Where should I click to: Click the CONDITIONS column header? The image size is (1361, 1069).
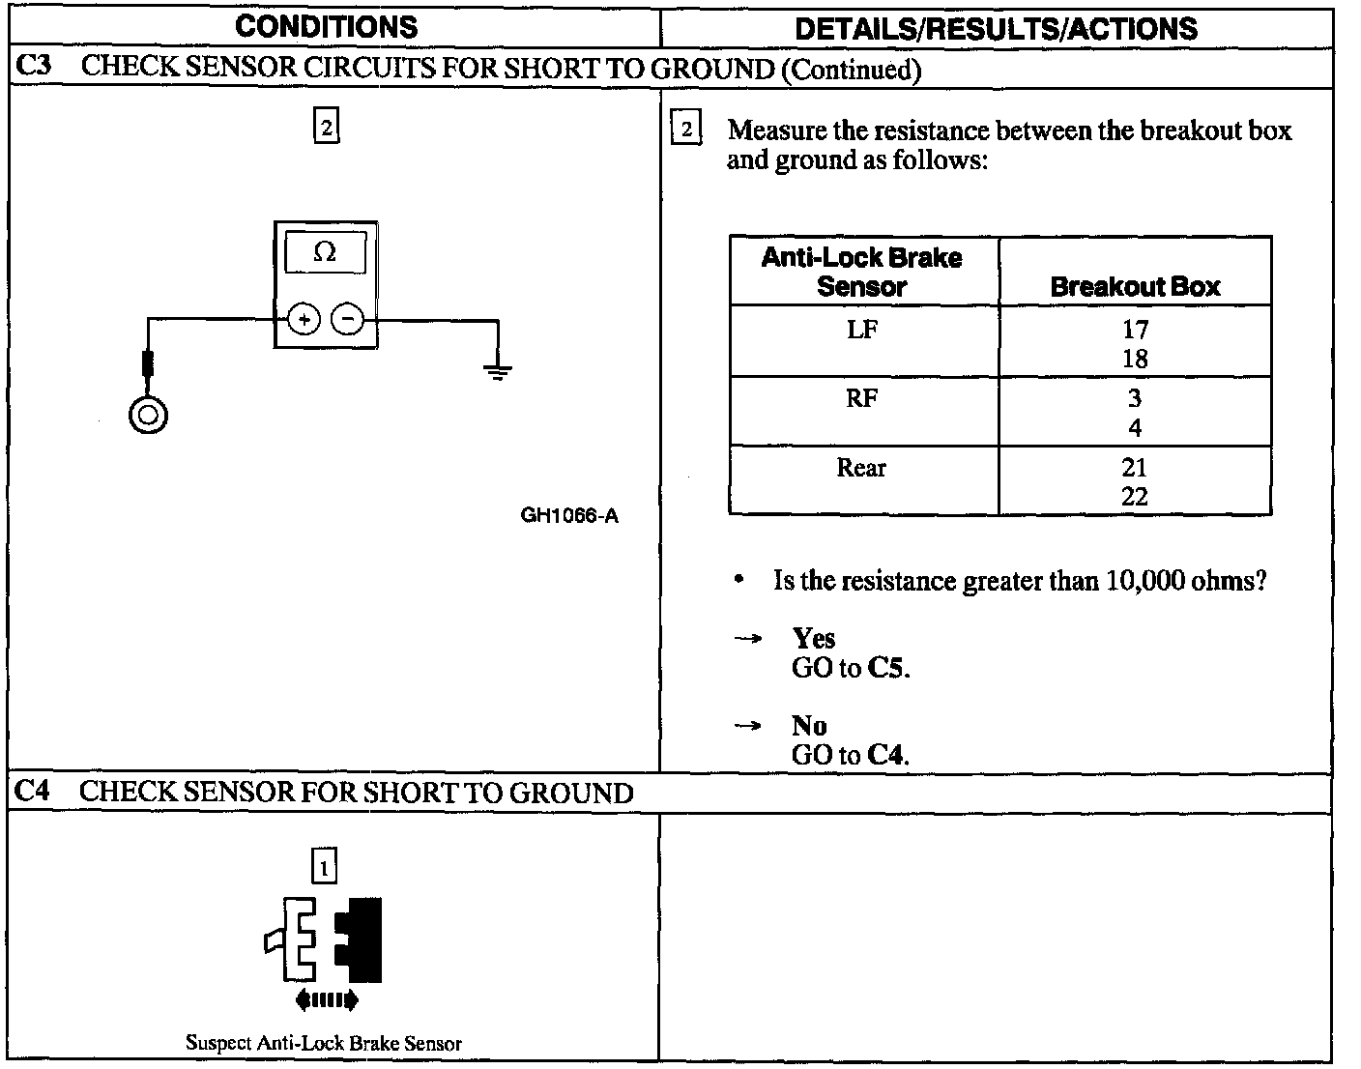[326, 26]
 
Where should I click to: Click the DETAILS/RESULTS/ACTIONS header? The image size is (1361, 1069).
[996, 28]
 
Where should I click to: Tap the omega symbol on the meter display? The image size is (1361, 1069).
[326, 253]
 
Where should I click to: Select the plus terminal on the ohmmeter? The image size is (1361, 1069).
[304, 319]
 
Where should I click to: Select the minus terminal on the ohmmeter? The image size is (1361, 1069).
[348, 319]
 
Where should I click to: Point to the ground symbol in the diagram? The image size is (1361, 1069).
[498, 370]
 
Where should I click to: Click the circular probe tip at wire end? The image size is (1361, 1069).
[148, 416]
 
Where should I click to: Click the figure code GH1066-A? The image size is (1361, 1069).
[569, 515]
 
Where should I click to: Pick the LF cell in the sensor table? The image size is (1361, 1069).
[862, 330]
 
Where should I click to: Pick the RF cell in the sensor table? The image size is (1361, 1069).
[862, 398]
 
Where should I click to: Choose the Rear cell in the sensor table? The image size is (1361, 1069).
[861, 468]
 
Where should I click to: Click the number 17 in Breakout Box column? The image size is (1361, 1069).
[1135, 330]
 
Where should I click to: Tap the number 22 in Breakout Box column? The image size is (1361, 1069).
[1135, 497]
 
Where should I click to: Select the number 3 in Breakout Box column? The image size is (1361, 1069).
[1135, 398]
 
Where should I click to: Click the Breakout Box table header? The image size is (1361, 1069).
[1135, 286]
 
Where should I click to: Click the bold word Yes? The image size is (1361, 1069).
[814, 638]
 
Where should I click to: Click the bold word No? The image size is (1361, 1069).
[809, 726]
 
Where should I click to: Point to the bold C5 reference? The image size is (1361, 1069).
[886, 668]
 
